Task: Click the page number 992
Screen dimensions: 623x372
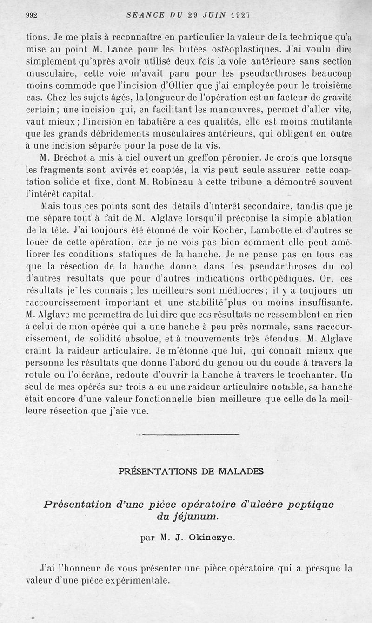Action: (31, 15)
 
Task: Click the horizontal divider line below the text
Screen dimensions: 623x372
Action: (187, 435)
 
